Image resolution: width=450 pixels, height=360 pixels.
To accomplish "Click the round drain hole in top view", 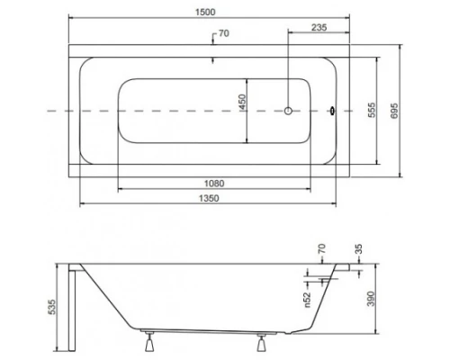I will [289, 112].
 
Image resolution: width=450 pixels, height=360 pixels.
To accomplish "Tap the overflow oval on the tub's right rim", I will [334, 112].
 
